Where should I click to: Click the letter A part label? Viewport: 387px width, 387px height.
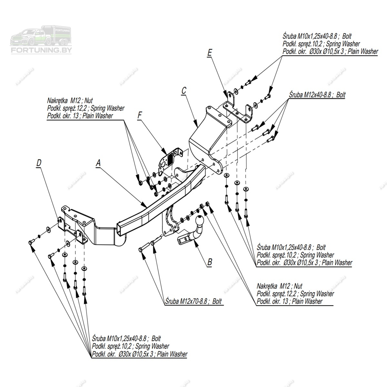pos(98,164)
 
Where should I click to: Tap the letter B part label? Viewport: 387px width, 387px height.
pos(210,262)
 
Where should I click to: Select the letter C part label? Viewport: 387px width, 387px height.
pos(184,91)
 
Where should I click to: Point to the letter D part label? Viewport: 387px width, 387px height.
pos(39,163)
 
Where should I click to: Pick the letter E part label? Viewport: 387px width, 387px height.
pos(210,53)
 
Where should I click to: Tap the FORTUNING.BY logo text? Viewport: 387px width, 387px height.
pos(41,50)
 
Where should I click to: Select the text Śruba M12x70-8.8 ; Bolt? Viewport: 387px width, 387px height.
pos(193,302)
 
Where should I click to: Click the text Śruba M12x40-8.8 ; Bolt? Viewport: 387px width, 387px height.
pos(317,95)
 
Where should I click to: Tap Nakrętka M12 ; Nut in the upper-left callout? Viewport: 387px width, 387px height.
pos(70,101)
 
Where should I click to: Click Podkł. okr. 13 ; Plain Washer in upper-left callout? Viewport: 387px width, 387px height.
pos(80,116)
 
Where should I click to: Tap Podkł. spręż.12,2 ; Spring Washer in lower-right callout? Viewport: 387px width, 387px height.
pos(295,294)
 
